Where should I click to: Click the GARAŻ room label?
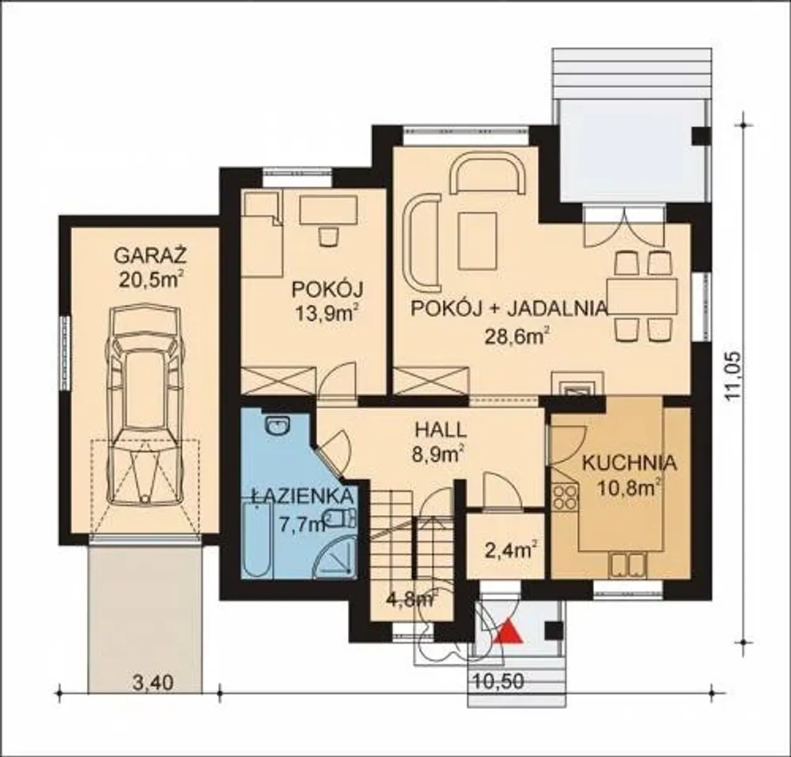click(150, 256)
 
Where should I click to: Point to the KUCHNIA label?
click(630, 463)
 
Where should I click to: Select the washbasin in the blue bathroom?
click(277, 426)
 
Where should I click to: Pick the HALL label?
click(439, 430)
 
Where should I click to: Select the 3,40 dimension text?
click(153, 682)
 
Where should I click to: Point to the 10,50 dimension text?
click(499, 681)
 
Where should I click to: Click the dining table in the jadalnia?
click(642, 296)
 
